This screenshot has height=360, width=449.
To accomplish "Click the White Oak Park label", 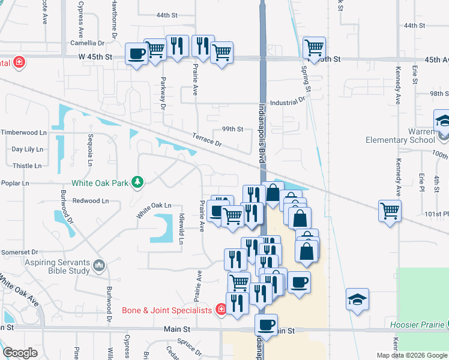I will click(100, 183).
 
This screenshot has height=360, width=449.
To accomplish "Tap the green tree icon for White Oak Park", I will click(137, 182).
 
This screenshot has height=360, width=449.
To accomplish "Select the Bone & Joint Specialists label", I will click(167, 310).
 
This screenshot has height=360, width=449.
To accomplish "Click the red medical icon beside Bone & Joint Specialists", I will click(220, 310).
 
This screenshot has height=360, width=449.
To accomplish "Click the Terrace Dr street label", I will click(208, 140).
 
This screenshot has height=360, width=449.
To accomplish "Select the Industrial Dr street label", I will click(288, 103).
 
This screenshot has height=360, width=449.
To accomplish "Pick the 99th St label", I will click(232, 129).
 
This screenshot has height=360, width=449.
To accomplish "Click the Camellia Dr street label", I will click(87, 43).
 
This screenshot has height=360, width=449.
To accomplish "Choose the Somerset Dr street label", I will click(19, 253).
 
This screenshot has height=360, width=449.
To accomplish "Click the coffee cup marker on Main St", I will click(266, 325).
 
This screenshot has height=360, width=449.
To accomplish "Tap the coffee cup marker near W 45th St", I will click(136, 54).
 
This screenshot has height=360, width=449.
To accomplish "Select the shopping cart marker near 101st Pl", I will click(390, 211).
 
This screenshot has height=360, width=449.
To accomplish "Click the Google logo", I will click(20, 353).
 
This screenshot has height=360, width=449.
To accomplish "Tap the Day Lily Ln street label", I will click(28, 149).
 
